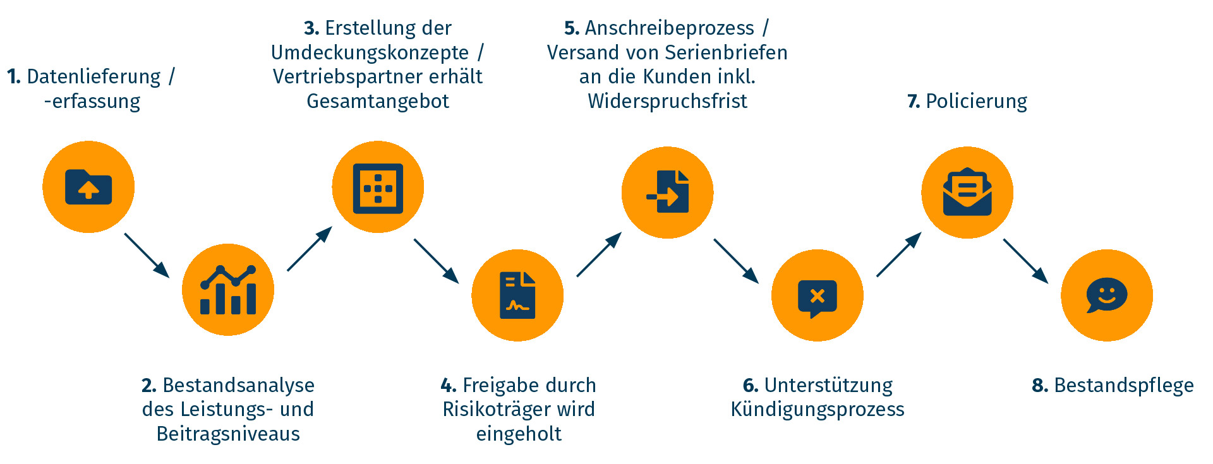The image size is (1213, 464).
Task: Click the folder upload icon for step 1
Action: click(x=88, y=187)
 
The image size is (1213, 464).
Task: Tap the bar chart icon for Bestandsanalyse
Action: click(x=228, y=290)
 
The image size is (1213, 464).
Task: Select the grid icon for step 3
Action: click(x=378, y=187)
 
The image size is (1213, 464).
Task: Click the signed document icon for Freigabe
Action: click(x=517, y=295)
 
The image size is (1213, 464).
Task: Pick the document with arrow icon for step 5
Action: click(x=668, y=193)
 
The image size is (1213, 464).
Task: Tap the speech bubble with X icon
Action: click(x=817, y=296)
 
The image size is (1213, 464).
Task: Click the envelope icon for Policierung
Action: click(x=967, y=193)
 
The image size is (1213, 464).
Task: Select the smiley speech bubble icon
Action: click(x=1107, y=295)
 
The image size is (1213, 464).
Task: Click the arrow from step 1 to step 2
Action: click(x=147, y=255)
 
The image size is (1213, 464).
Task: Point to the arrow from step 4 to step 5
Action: click(x=599, y=254)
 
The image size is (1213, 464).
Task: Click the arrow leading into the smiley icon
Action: click(x=1025, y=261)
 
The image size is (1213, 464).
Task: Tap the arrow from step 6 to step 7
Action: click(x=899, y=254)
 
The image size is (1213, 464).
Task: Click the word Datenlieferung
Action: click(x=94, y=77)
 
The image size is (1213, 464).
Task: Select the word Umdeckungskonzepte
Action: click(x=370, y=52)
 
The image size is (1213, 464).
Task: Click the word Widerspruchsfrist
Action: click(x=667, y=101)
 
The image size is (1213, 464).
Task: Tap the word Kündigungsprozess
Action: click(x=818, y=409)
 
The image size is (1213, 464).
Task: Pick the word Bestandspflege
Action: click(x=1124, y=385)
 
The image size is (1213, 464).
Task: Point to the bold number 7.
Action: click(x=913, y=101)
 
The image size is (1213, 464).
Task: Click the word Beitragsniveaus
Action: click(x=228, y=434)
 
